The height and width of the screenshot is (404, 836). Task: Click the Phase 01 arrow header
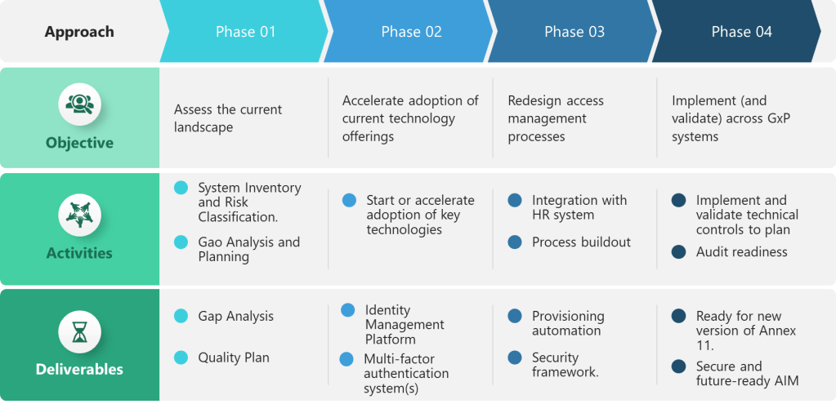pos(245,32)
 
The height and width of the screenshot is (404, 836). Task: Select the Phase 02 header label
pos(411,32)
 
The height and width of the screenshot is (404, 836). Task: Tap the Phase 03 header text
pos(574,32)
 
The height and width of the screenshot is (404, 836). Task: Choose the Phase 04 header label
pos(741,32)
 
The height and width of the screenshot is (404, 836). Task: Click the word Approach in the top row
pos(79,33)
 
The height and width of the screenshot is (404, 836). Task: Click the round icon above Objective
pos(79,104)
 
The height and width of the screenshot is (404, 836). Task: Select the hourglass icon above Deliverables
pos(79,332)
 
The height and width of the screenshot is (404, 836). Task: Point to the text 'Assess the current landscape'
pos(228,118)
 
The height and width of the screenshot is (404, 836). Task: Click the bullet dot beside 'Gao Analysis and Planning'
pos(181,242)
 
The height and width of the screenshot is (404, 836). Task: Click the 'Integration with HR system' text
pos(579,207)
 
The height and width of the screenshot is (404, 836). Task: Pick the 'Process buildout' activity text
pos(581,242)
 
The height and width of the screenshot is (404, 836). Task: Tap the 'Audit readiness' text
pos(741,251)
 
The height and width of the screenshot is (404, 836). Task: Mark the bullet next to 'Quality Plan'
pos(181,357)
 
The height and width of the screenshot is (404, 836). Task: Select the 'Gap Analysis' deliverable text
pos(235,316)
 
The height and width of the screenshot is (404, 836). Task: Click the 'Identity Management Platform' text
pos(405,324)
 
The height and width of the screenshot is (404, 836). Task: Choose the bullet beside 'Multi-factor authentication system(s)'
pos(347,359)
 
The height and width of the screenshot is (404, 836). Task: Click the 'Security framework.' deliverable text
pos(566,365)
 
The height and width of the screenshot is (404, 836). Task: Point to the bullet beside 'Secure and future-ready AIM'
pos(678,366)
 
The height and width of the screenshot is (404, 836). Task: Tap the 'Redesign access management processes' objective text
pos(556,118)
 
